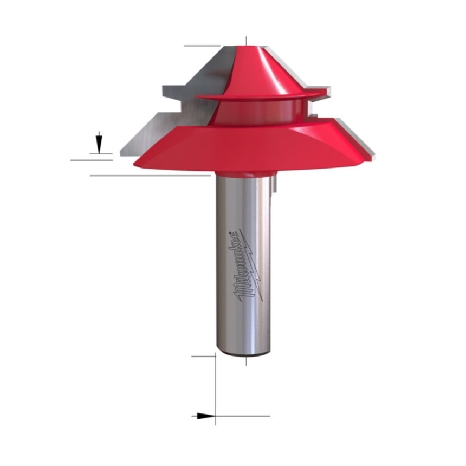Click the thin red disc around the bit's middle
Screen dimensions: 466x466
(258, 96)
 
